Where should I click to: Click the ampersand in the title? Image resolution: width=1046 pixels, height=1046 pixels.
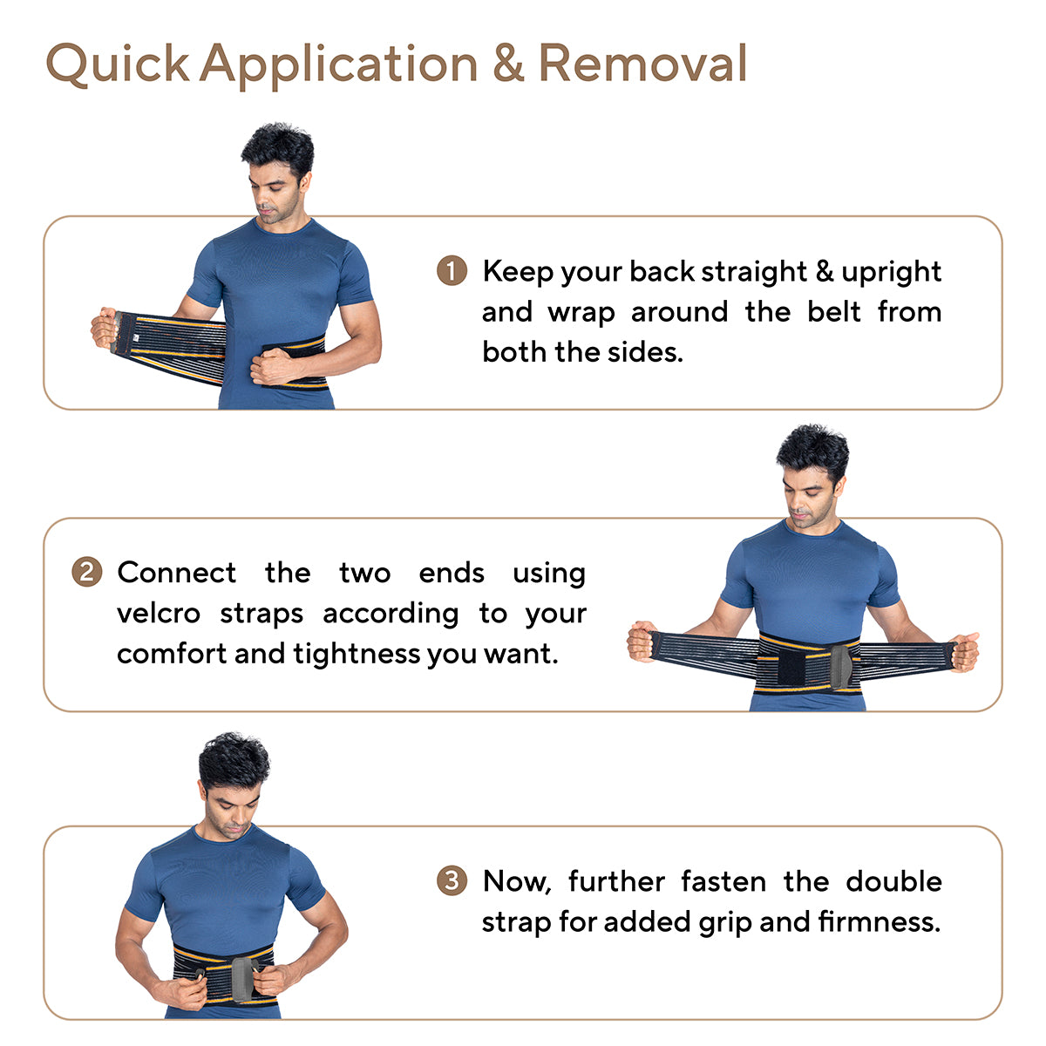pyautogui.click(x=508, y=64)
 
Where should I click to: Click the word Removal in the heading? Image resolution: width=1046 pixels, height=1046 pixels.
pyautogui.click(x=642, y=63)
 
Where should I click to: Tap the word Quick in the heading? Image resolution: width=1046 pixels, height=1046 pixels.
pyautogui.click(x=118, y=64)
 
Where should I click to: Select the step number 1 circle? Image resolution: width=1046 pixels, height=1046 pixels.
pyautogui.click(x=452, y=270)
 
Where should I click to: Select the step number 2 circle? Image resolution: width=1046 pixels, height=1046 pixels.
pyautogui.click(x=87, y=572)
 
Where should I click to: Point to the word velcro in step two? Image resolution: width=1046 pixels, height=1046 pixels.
pyautogui.click(x=159, y=614)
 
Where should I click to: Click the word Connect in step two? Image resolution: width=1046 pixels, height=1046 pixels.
pyautogui.click(x=176, y=573)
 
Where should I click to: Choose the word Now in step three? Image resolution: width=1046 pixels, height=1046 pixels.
pyautogui.click(x=517, y=881)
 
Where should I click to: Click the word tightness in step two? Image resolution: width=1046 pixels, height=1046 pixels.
pyautogui.click(x=357, y=654)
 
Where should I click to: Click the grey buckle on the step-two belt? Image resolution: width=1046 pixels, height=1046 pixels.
pyautogui.click(x=841, y=667)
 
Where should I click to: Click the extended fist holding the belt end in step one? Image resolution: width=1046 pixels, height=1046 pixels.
pyautogui.click(x=104, y=328)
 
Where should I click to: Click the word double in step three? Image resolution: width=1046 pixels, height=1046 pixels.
pyautogui.click(x=893, y=881)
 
